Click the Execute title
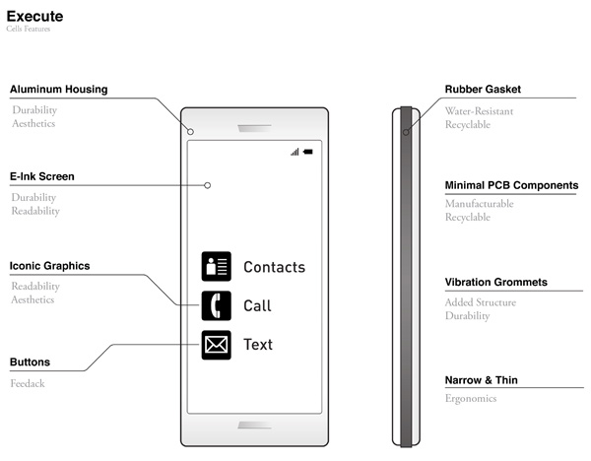pos(34,16)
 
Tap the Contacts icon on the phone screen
pos(217,266)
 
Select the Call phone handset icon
pos(217,305)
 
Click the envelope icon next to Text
pos(217,345)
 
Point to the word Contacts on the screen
pos(275,267)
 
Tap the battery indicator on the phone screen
pos(308,152)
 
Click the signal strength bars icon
pos(295,152)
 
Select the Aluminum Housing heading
pos(59,90)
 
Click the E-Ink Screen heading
pos(42,176)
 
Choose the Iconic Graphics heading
pos(50,266)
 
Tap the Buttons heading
pos(30,362)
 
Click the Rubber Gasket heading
pos(483,90)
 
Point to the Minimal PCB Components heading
pos(511,185)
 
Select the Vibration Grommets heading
pos(496,282)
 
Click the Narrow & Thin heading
pos(482,380)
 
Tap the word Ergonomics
pos(471,398)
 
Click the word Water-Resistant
pos(479,111)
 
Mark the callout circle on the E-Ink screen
pos(207,185)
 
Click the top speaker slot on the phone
pos(254,128)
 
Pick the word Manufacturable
pos(480,204)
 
